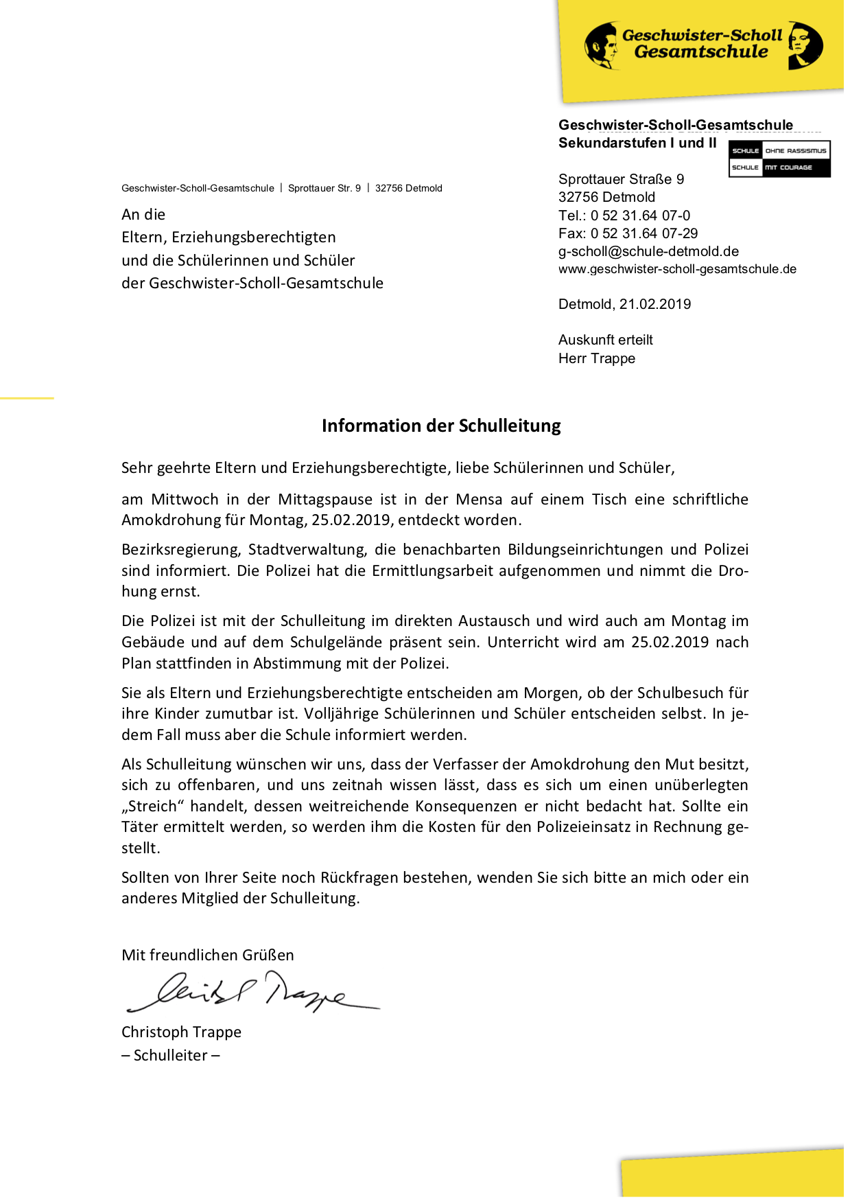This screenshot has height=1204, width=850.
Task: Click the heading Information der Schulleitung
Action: pos(441,426)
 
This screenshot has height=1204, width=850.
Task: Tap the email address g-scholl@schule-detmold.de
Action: pos(648,251)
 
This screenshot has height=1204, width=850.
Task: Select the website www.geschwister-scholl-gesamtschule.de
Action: pos(677,269)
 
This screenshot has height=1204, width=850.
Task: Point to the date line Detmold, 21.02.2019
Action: pos(624,304)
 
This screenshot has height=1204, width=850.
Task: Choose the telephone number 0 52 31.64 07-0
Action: pos(640,216)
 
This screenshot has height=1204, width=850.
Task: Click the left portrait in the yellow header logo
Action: pos(602,46)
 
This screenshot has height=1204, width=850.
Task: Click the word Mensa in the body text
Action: pos(479,499)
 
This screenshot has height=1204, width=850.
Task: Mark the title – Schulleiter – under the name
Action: pos(171,1055)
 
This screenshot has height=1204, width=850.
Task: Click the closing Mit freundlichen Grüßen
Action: pos(207,955)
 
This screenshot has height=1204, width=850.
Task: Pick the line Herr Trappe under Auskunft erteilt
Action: pos(597,358)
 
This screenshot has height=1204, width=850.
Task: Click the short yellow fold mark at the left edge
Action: pos(27,397)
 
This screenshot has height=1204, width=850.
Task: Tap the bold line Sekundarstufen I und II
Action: pos(637,143)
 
